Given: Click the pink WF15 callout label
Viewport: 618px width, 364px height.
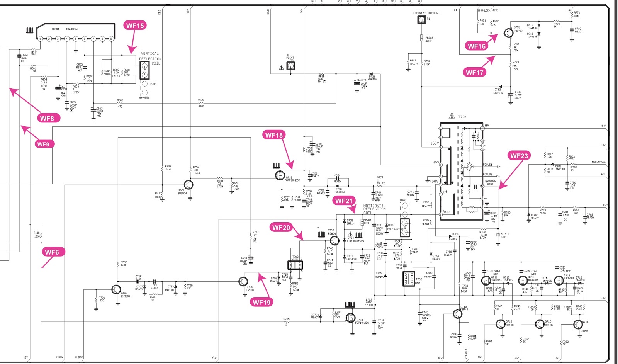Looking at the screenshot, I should point(135,26).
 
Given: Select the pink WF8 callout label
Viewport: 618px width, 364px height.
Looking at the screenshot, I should point(47,118).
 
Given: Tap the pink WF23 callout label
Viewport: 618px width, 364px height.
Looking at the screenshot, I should point(519,156).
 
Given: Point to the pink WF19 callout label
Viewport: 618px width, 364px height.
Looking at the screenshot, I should point(261,302).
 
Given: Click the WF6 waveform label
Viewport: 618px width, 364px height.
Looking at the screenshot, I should point(52,252).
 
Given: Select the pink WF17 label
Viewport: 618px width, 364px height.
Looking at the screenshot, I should point(474,72).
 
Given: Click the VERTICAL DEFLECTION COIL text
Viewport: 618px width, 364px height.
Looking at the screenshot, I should point(150,58).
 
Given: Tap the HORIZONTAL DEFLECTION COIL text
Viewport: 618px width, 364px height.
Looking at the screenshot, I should point(374,209).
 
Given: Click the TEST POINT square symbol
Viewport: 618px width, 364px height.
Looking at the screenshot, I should point(290,66).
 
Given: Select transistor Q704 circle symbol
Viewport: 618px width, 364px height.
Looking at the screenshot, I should point(116,289).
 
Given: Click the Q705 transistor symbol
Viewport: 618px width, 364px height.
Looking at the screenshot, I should point(243,281).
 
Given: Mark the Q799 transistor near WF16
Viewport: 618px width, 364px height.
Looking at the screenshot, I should point(508,33).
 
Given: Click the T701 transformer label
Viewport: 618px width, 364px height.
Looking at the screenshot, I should point(462,117).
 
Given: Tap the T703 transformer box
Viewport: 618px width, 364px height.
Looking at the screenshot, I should point(295,265).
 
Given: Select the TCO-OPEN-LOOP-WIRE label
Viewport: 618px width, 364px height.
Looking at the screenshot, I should point(426,13).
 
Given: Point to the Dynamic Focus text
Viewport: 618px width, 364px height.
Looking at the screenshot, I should point(490,182).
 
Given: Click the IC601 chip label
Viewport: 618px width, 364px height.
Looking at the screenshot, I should point(55,29).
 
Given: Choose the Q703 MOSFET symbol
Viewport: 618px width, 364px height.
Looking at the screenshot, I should point(351,318).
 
